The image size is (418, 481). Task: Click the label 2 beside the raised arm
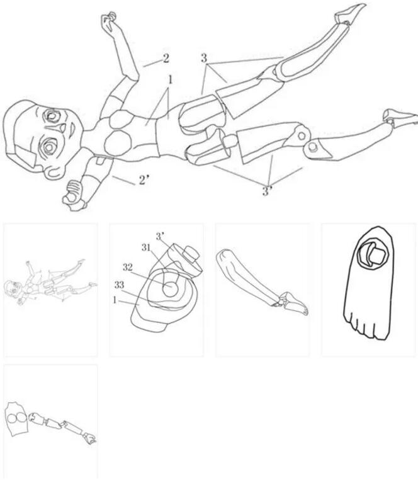166,58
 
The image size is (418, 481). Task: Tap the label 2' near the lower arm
144,180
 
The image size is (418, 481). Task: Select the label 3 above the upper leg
204,58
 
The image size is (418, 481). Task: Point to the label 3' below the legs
267,191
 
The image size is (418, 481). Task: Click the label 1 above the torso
171,80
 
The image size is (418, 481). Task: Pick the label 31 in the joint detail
146,247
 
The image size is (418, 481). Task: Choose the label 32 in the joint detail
128,267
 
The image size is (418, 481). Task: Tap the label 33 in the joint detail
120,285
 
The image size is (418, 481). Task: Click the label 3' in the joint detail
160,237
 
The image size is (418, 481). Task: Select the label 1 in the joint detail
115,300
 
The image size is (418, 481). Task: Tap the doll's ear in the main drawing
55,173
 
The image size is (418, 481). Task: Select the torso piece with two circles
16,418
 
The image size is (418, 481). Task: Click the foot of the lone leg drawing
295,303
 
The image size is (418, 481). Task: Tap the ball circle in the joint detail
169,289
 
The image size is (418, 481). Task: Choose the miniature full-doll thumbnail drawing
50,283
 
